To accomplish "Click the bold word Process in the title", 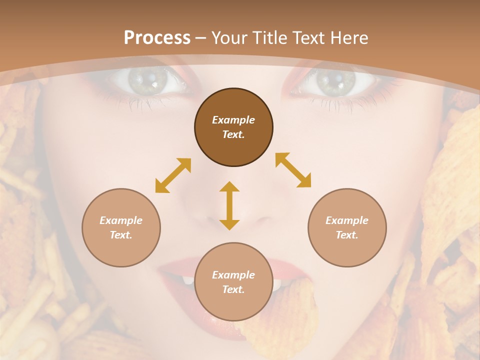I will [157, 38].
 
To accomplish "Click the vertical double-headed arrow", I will [229, 205].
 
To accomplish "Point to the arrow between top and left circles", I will [173, 175].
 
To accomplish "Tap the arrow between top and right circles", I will [293, 170].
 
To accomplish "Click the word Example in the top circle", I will [233, 120].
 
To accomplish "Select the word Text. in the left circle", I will [121, 235].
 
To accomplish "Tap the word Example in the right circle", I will [347, 220].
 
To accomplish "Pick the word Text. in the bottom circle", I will [233, 289].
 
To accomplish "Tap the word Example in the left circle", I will [121, 220].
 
